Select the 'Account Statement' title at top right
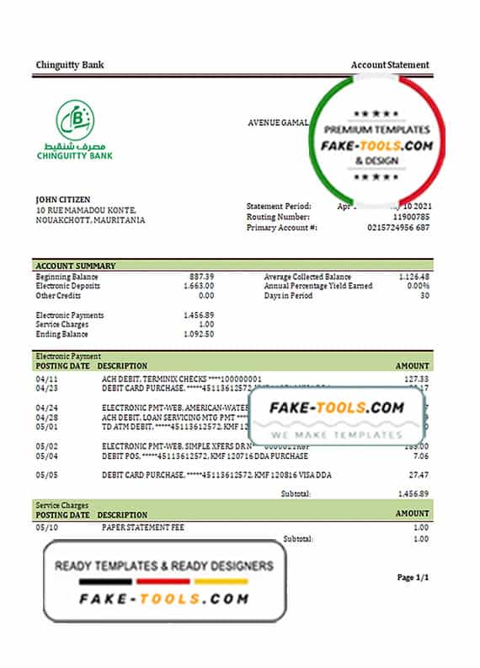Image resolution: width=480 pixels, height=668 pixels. coord(390,65)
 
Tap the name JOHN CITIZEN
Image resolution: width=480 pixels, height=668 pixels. coord(64,199)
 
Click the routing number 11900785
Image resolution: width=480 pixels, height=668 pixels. coord(411,217)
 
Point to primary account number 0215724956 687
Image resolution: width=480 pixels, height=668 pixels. coord(399,228)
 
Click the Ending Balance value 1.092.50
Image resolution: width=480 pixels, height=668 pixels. coord(197,335)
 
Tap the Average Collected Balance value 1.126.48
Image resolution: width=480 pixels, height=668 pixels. coord(413,277)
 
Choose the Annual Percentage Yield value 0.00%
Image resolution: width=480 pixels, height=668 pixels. coord(418,287)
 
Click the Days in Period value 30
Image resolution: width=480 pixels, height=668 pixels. coord(424,296)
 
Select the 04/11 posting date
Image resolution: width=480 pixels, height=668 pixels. coord(45,379)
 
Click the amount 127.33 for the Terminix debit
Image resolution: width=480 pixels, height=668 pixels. coord(417,379)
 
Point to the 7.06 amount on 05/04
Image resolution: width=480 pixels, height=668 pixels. coord(421,456)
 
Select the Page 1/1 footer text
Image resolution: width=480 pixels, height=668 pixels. coord(413,578)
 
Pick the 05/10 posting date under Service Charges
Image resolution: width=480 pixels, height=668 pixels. coord(45,527)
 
